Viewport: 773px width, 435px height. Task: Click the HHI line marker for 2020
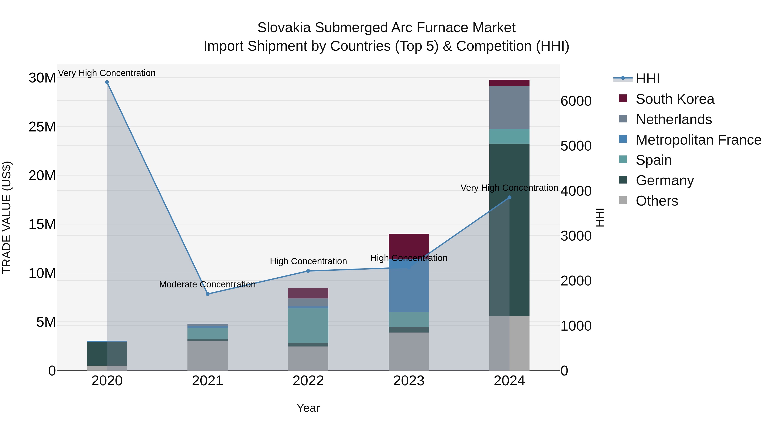107,82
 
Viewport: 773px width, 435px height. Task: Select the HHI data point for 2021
207,294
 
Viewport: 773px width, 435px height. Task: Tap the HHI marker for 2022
308,271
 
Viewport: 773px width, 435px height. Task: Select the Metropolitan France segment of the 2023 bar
409,288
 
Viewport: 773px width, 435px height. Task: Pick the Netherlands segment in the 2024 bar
509,107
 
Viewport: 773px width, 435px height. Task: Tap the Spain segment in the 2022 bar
308,325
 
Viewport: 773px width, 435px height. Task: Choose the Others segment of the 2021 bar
207,356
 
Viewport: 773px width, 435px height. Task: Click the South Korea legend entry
675,99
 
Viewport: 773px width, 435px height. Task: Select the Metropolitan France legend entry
698,140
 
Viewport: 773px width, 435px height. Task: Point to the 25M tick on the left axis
42,127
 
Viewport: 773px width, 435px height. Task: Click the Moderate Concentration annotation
207,284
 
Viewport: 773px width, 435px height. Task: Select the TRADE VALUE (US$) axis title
7,217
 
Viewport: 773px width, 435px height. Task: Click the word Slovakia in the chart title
284,28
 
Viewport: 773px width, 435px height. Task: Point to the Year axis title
308,408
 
